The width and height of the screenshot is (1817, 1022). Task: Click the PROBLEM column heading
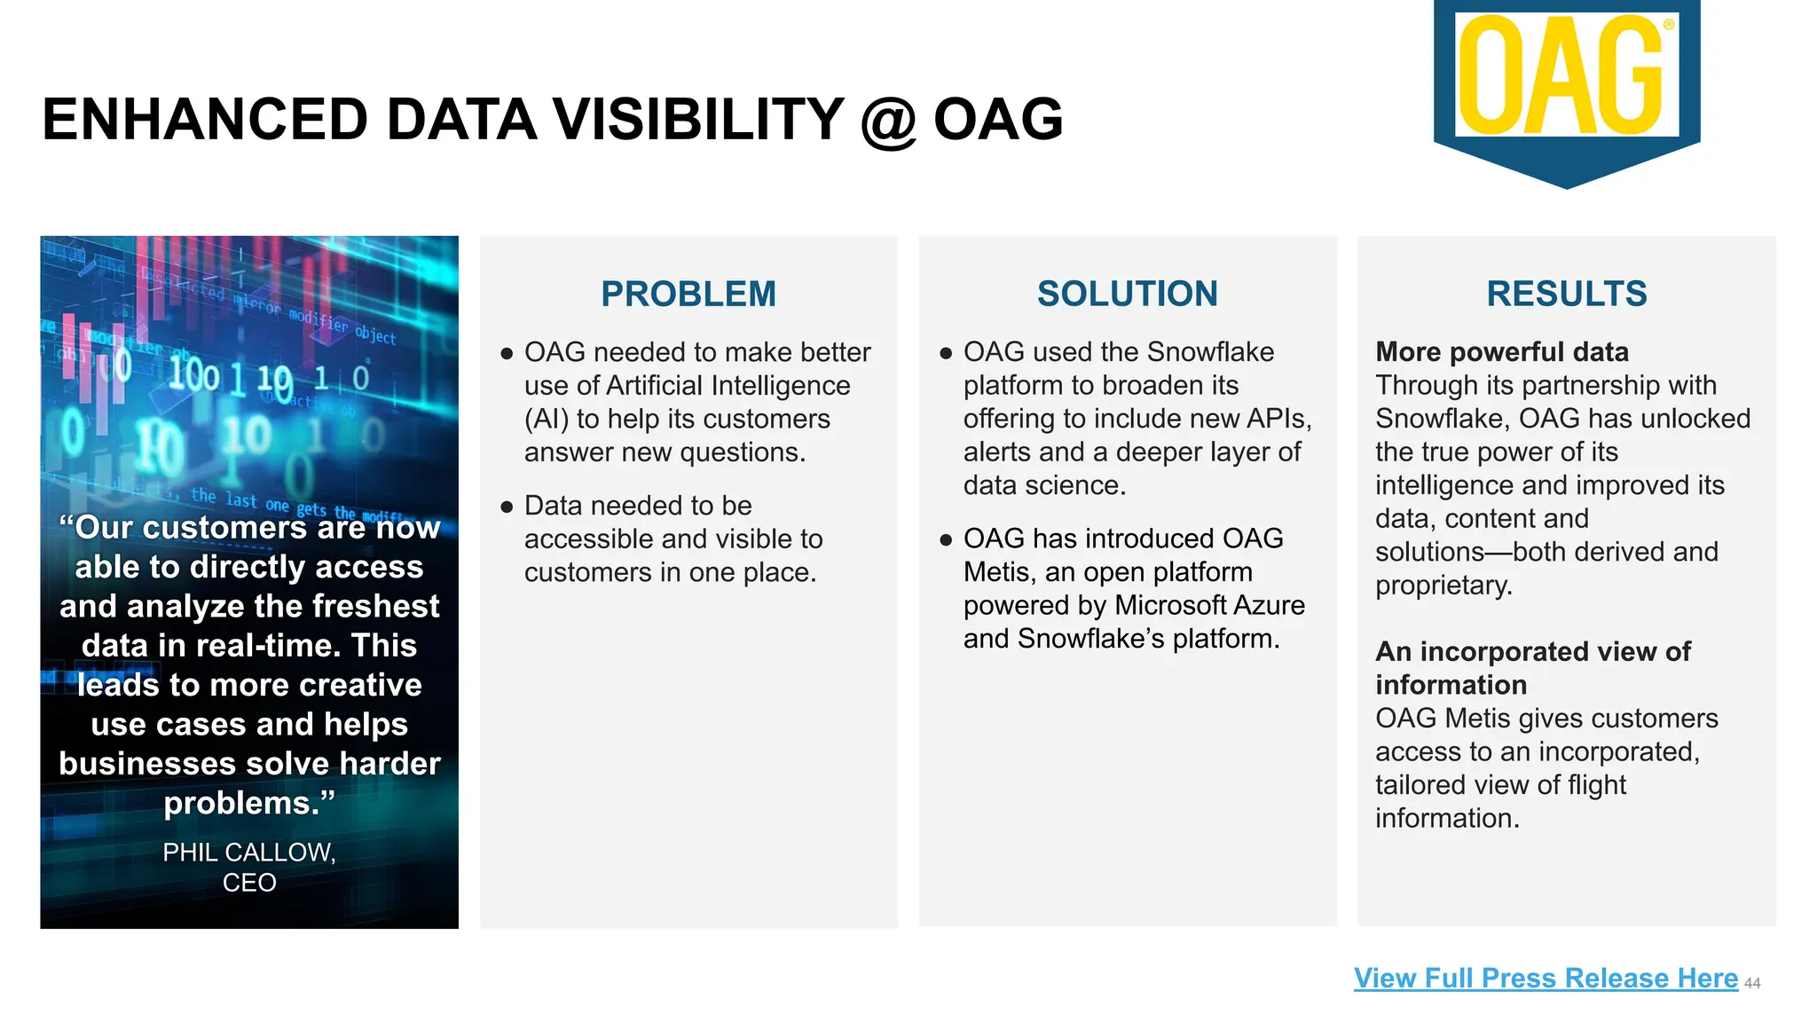[688, 294]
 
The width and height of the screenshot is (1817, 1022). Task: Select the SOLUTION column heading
[1127, 294]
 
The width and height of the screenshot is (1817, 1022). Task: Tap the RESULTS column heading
[1566, 294]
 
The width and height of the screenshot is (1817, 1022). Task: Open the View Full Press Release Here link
[1545, 978]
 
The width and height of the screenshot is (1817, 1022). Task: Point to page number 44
[1752, 983]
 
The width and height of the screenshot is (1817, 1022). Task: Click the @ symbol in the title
[888, 121]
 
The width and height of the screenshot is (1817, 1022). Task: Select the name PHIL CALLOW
[248, 852]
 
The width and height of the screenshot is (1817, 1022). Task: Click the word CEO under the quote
[249, 883]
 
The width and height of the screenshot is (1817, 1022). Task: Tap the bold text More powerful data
[1501, 352]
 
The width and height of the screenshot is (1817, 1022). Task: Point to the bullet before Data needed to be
[507, 507]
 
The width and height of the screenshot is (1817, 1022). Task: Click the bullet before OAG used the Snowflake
[946, 353]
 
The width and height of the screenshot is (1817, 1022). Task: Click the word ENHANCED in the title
[204, 121]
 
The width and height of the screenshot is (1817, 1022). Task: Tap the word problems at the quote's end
[241, 803]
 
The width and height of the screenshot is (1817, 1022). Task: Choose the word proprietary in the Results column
[1443, 586]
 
